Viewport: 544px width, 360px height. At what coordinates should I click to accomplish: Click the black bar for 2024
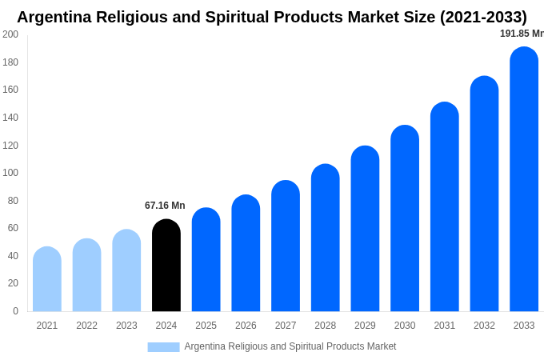pos(166,266)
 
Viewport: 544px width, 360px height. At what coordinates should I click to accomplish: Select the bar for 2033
pos(524,180)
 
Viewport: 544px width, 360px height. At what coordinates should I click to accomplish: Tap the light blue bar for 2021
pos(47,279)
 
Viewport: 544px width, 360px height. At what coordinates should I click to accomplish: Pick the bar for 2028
pos(326,238)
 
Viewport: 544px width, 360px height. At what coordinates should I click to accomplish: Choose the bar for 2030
pos(405,218)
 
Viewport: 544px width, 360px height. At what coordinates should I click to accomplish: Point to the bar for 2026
pos(246,254)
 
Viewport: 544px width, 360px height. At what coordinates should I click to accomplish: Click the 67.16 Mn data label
pos(165,206)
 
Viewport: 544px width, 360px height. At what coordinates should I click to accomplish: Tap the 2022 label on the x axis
pos(86,326)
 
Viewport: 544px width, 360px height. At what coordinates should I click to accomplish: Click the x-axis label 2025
pos(206,326)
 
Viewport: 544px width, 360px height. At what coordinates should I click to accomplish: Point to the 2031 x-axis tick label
pos(445,326)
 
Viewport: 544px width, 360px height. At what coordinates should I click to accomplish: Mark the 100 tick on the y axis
pos(10,173)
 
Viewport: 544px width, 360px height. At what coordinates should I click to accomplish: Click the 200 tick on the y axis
pos(10,34)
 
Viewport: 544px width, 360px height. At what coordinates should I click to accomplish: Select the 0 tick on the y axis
pos(15,311)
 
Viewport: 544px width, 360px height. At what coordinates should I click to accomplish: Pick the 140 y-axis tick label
pos(10,118)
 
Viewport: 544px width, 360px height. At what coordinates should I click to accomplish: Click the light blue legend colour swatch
pos(163,346)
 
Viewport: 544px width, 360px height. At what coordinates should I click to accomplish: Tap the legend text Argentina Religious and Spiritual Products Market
pos(290,346)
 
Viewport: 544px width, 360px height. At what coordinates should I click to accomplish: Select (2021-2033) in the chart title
pos(483,17)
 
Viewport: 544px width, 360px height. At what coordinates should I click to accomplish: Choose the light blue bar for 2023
pos(126,270)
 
